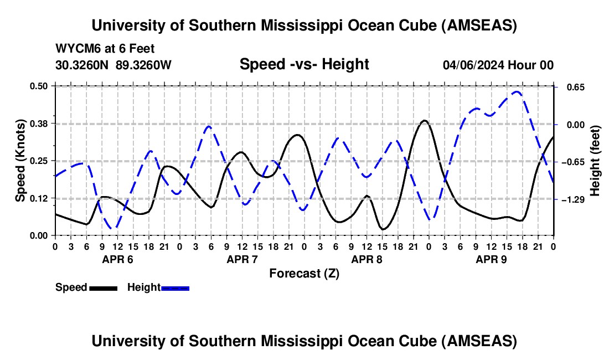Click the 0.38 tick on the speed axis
tap(39, 123)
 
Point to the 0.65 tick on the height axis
tap(572, 88)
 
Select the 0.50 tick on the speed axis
tap(39, 86)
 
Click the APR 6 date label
tap(117, 259)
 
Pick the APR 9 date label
tap(491, 259)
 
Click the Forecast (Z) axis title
tap(304, 273)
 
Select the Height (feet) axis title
tap(595, 161)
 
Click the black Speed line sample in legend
tap(103, 288)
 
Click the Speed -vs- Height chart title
tap(304, 64)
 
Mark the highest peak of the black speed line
tap(424, 120)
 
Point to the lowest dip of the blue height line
tap(113, 228)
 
